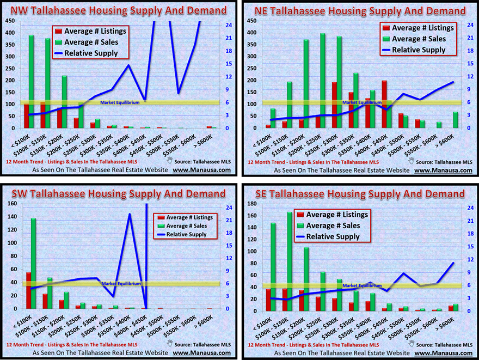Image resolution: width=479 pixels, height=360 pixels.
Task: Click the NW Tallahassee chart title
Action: [119, 10]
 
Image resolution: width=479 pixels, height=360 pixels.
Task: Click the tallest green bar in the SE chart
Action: [290, 261]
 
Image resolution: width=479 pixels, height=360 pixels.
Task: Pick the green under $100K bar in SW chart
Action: [33, 263]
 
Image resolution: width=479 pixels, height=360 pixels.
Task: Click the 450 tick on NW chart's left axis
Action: [10, 21]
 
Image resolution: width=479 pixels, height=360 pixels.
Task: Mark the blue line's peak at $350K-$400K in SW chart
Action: [130, 214]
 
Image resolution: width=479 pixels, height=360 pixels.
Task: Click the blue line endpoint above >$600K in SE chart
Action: [453, 263]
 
